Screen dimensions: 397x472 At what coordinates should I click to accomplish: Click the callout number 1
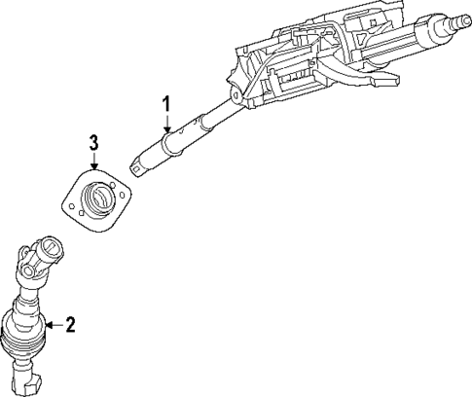coord(166,102)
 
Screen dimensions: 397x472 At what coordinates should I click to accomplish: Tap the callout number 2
coord(69,325)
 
